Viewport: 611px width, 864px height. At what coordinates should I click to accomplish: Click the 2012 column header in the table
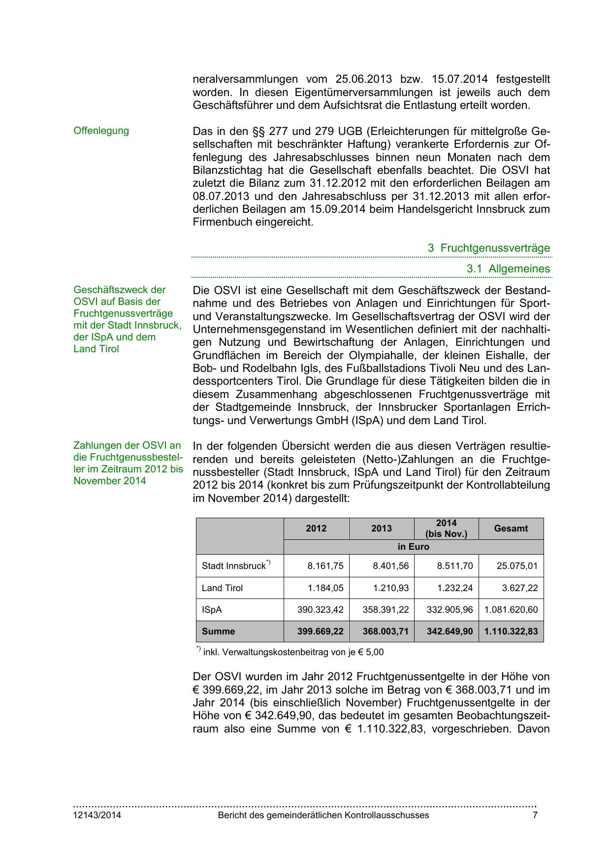pyautogui.click(x=316, y=529)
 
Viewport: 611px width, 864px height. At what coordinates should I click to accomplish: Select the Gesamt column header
pyautogui.click(x=511, y=529)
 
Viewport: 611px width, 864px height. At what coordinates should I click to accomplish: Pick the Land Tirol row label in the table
pyautogui.click(x=222, y=588)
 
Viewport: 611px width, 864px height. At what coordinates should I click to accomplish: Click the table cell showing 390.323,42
pyautogui.click(x=320, y=610)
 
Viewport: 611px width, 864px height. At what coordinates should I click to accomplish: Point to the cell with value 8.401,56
pyautogui.click(x=390, y=566)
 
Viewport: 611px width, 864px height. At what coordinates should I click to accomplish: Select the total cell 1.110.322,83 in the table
pyautogui.click(x=511, y=631)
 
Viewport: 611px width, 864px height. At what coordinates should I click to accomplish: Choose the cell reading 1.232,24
pyautogui.click(x=454, y=588)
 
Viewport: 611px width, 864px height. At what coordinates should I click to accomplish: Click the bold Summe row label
pyautogui.click(x=218, y=631)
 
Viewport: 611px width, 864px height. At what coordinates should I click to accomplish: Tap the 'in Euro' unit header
pyautogui.click(x=413, y=547)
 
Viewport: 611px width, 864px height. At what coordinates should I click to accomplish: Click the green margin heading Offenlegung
pyautogui.click(x=101, y=131)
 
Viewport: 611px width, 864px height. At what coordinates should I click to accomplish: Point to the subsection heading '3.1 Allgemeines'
pyautogui.click(x=508, y=269)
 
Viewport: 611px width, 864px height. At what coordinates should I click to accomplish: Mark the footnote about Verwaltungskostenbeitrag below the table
pyautogui.click(x=290, y=652)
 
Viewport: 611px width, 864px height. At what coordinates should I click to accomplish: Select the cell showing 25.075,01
pyautogui.click(x=516, y=566)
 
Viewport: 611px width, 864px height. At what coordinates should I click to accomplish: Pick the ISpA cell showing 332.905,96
pyautogui.click(x=450, y=610)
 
